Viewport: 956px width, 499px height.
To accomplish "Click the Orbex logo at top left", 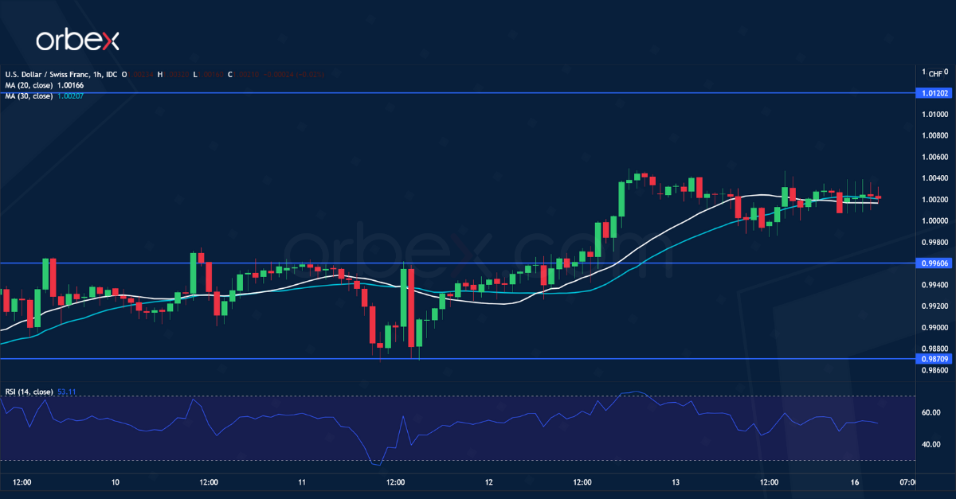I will tap(76, 39).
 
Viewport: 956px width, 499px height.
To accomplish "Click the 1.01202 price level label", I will tap(934, 93).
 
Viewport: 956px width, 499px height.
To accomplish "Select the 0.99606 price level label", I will tap(934, 263).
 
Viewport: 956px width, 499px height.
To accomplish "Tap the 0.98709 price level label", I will tap(934, 359).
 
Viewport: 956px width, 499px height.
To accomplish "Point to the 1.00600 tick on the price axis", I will tap(934, 157).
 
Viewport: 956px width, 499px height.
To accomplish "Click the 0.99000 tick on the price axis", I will tap(934, 327).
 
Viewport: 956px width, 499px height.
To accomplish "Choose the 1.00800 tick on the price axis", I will tap(934, 135).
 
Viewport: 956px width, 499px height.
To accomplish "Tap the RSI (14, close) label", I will tap(29, 392).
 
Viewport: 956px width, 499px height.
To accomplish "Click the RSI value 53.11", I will tap(67, 392).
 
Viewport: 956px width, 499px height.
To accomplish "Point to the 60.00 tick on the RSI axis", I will tap(931, 412).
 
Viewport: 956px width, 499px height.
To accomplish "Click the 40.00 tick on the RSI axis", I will tap(931, 444).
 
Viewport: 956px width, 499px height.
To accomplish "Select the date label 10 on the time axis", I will tap(116, 482).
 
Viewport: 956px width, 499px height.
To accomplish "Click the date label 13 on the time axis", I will tap(676, 482).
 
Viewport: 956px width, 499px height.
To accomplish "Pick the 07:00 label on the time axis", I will tap(907, 482).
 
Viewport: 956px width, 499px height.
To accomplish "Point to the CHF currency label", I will tap(935, 73).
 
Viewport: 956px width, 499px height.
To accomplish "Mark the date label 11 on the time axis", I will tap(302, 482).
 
